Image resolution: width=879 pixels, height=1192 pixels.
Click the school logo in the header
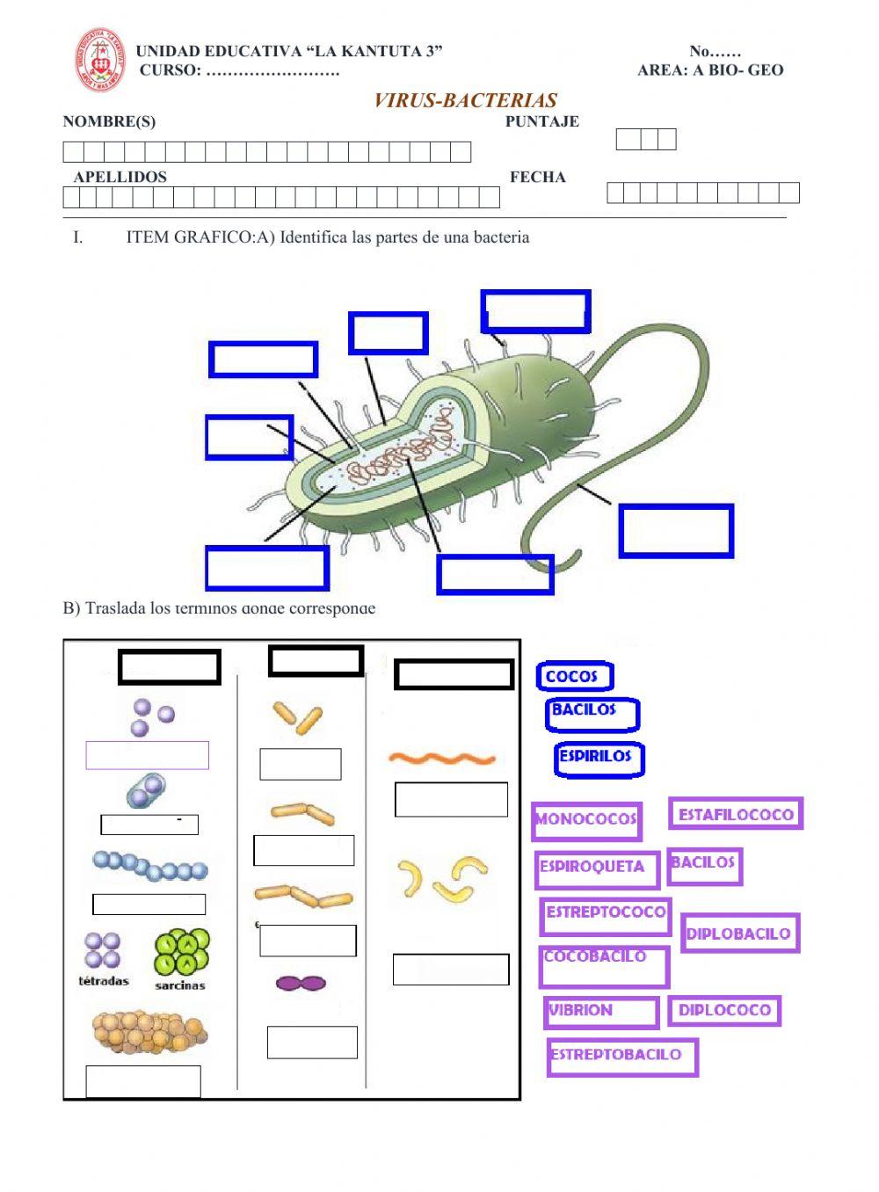coord(99,60)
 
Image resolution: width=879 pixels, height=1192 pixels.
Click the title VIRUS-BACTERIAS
coord(465,100)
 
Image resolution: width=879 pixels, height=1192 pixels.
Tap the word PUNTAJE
coord(541,121)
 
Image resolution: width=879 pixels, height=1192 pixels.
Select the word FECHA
coord(537,177)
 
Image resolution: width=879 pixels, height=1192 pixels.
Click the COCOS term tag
coord(574,676)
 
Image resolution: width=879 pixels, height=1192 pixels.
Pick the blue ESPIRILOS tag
coord(598,757)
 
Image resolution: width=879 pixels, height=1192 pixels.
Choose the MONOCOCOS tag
coord(586,820)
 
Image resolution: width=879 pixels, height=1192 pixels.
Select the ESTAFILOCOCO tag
coord(736,814)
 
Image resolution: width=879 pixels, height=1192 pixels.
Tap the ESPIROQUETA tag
coord(596,868)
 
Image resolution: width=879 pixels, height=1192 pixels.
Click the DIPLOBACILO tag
coord(738,934)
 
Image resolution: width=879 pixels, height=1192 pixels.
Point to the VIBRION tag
coord(600,1012)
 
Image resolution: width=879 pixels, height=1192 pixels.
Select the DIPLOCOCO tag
coord(724,1011)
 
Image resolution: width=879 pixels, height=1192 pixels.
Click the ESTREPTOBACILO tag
coord(621,1056)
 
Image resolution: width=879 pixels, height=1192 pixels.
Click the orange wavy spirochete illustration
coord(442,758)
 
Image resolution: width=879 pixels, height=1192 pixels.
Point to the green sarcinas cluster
coord(182,953)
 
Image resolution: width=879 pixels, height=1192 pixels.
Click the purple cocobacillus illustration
coord(301,983)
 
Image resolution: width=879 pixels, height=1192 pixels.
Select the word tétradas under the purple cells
coord(104,981)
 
